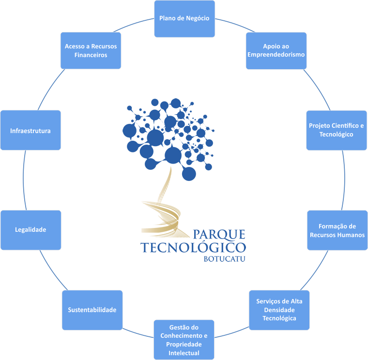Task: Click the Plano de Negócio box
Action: (184, 18)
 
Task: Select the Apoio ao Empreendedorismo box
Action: (276, 50)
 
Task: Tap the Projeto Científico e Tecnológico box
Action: (336, 130)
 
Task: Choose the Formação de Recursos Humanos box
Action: (337, 230)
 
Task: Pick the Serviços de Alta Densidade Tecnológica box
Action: (279, 310)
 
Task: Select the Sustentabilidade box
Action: (92, 310)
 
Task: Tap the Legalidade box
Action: (31, 230)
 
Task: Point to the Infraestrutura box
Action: (31, 131)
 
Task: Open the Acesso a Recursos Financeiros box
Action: (91, 50)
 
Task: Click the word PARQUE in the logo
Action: (219, 235)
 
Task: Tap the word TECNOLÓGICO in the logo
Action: (193, 247)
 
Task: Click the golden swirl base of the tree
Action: (162, 213)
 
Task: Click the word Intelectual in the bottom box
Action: (184, 353)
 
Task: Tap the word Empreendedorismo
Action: (276, 55)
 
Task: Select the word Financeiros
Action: (91, 55)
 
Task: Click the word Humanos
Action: (350, 235)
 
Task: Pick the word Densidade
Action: (279, 310)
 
